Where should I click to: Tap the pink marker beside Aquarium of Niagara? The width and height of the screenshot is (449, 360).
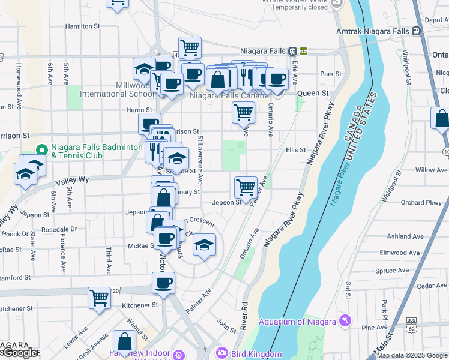pos(345,322)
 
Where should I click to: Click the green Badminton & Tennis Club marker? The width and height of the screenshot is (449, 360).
pos(41,150)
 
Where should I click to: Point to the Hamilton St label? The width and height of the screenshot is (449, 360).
pos(82,26)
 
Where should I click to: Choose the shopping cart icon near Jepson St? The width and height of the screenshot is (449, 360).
pos(246,187)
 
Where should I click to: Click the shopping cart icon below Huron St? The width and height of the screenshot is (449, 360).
pos(243,112)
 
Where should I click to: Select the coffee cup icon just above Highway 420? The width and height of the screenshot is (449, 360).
pos(163,283)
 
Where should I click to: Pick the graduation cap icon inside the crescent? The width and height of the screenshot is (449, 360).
pos(204,245)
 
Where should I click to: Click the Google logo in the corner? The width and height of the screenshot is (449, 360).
pos(19,353)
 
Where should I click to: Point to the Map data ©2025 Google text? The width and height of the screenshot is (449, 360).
pos(412,355)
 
